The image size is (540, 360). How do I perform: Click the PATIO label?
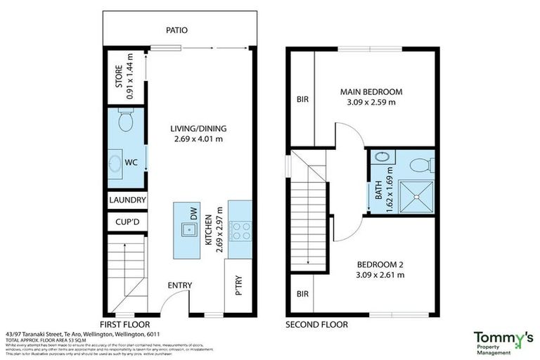(x=176, y=31)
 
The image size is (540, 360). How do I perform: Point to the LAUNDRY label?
(x=127, y=200)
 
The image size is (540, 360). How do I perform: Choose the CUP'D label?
(x=127, y=223)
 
